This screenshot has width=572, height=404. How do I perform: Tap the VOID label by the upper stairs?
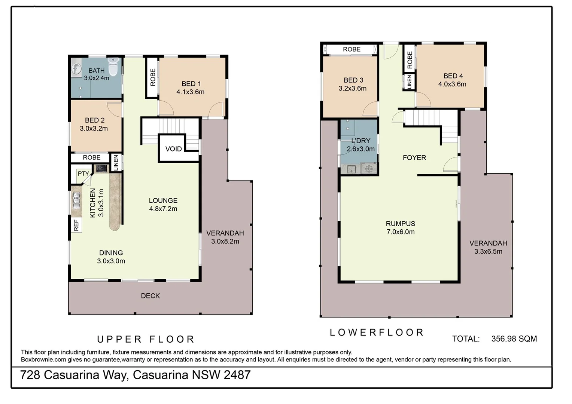[173, 149]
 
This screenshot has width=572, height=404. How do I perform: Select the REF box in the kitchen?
[76, 225]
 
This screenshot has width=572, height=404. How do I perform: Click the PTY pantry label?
[83, 174]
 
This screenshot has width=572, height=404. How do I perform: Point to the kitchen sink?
[76, 200]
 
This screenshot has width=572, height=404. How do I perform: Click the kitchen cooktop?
[101, 168]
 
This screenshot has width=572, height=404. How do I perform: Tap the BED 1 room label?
[191, 84]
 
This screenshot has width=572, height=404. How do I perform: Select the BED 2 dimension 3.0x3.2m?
[94, 128]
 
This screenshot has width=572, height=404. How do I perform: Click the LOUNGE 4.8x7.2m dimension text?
[163, 209]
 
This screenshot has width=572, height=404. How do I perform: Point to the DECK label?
[150, 296]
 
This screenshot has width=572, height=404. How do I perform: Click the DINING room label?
[111, 253]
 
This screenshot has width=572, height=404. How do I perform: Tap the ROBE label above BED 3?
[352, 49]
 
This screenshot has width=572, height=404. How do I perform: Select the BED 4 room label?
[453, 76]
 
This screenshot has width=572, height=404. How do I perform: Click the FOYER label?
[414, 158]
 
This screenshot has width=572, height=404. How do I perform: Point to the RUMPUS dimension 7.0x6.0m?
[400, 232]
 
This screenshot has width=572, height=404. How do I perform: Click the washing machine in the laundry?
[369, 169]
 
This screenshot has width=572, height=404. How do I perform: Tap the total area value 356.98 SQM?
[514, 339]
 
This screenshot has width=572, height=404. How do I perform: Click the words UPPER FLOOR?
[146, 339]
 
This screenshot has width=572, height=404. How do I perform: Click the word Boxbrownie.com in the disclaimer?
[43, 360]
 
